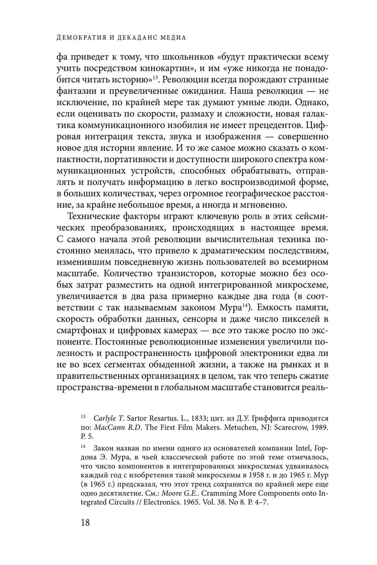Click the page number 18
click(85, 523)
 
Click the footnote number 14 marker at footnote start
click(83, 447)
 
